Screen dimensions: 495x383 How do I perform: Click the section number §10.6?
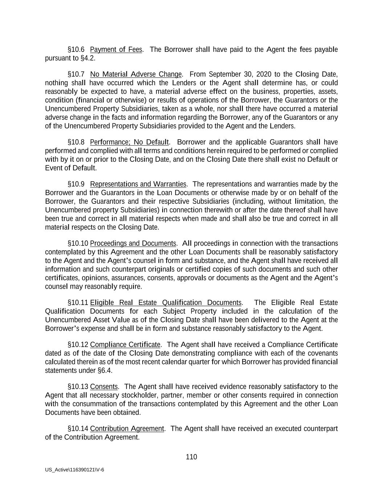tap(76, 50)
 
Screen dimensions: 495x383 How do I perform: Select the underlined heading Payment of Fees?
tap(116, 50)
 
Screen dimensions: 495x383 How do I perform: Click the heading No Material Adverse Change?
tap(136, 75)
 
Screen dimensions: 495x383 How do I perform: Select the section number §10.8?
tap(76, 142)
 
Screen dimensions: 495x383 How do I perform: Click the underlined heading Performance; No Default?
tap(129, 142)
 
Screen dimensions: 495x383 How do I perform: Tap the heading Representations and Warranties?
tap(138, 184)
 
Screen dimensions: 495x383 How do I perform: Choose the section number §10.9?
tap(76, 184)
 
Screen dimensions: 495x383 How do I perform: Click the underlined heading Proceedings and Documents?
tap(133, 243)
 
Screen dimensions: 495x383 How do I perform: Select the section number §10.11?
tap(78, 303)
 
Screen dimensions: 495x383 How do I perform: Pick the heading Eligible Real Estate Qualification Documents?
tap(166, 303)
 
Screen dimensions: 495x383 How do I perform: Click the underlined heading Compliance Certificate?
tap(125, 345)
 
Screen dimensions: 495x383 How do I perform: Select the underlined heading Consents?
tap(104, 387)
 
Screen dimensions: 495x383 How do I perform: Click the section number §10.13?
tap(78, 387)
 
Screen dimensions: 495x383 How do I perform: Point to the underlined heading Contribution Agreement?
tap(127, 429)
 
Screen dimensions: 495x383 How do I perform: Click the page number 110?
tap(191, 457)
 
